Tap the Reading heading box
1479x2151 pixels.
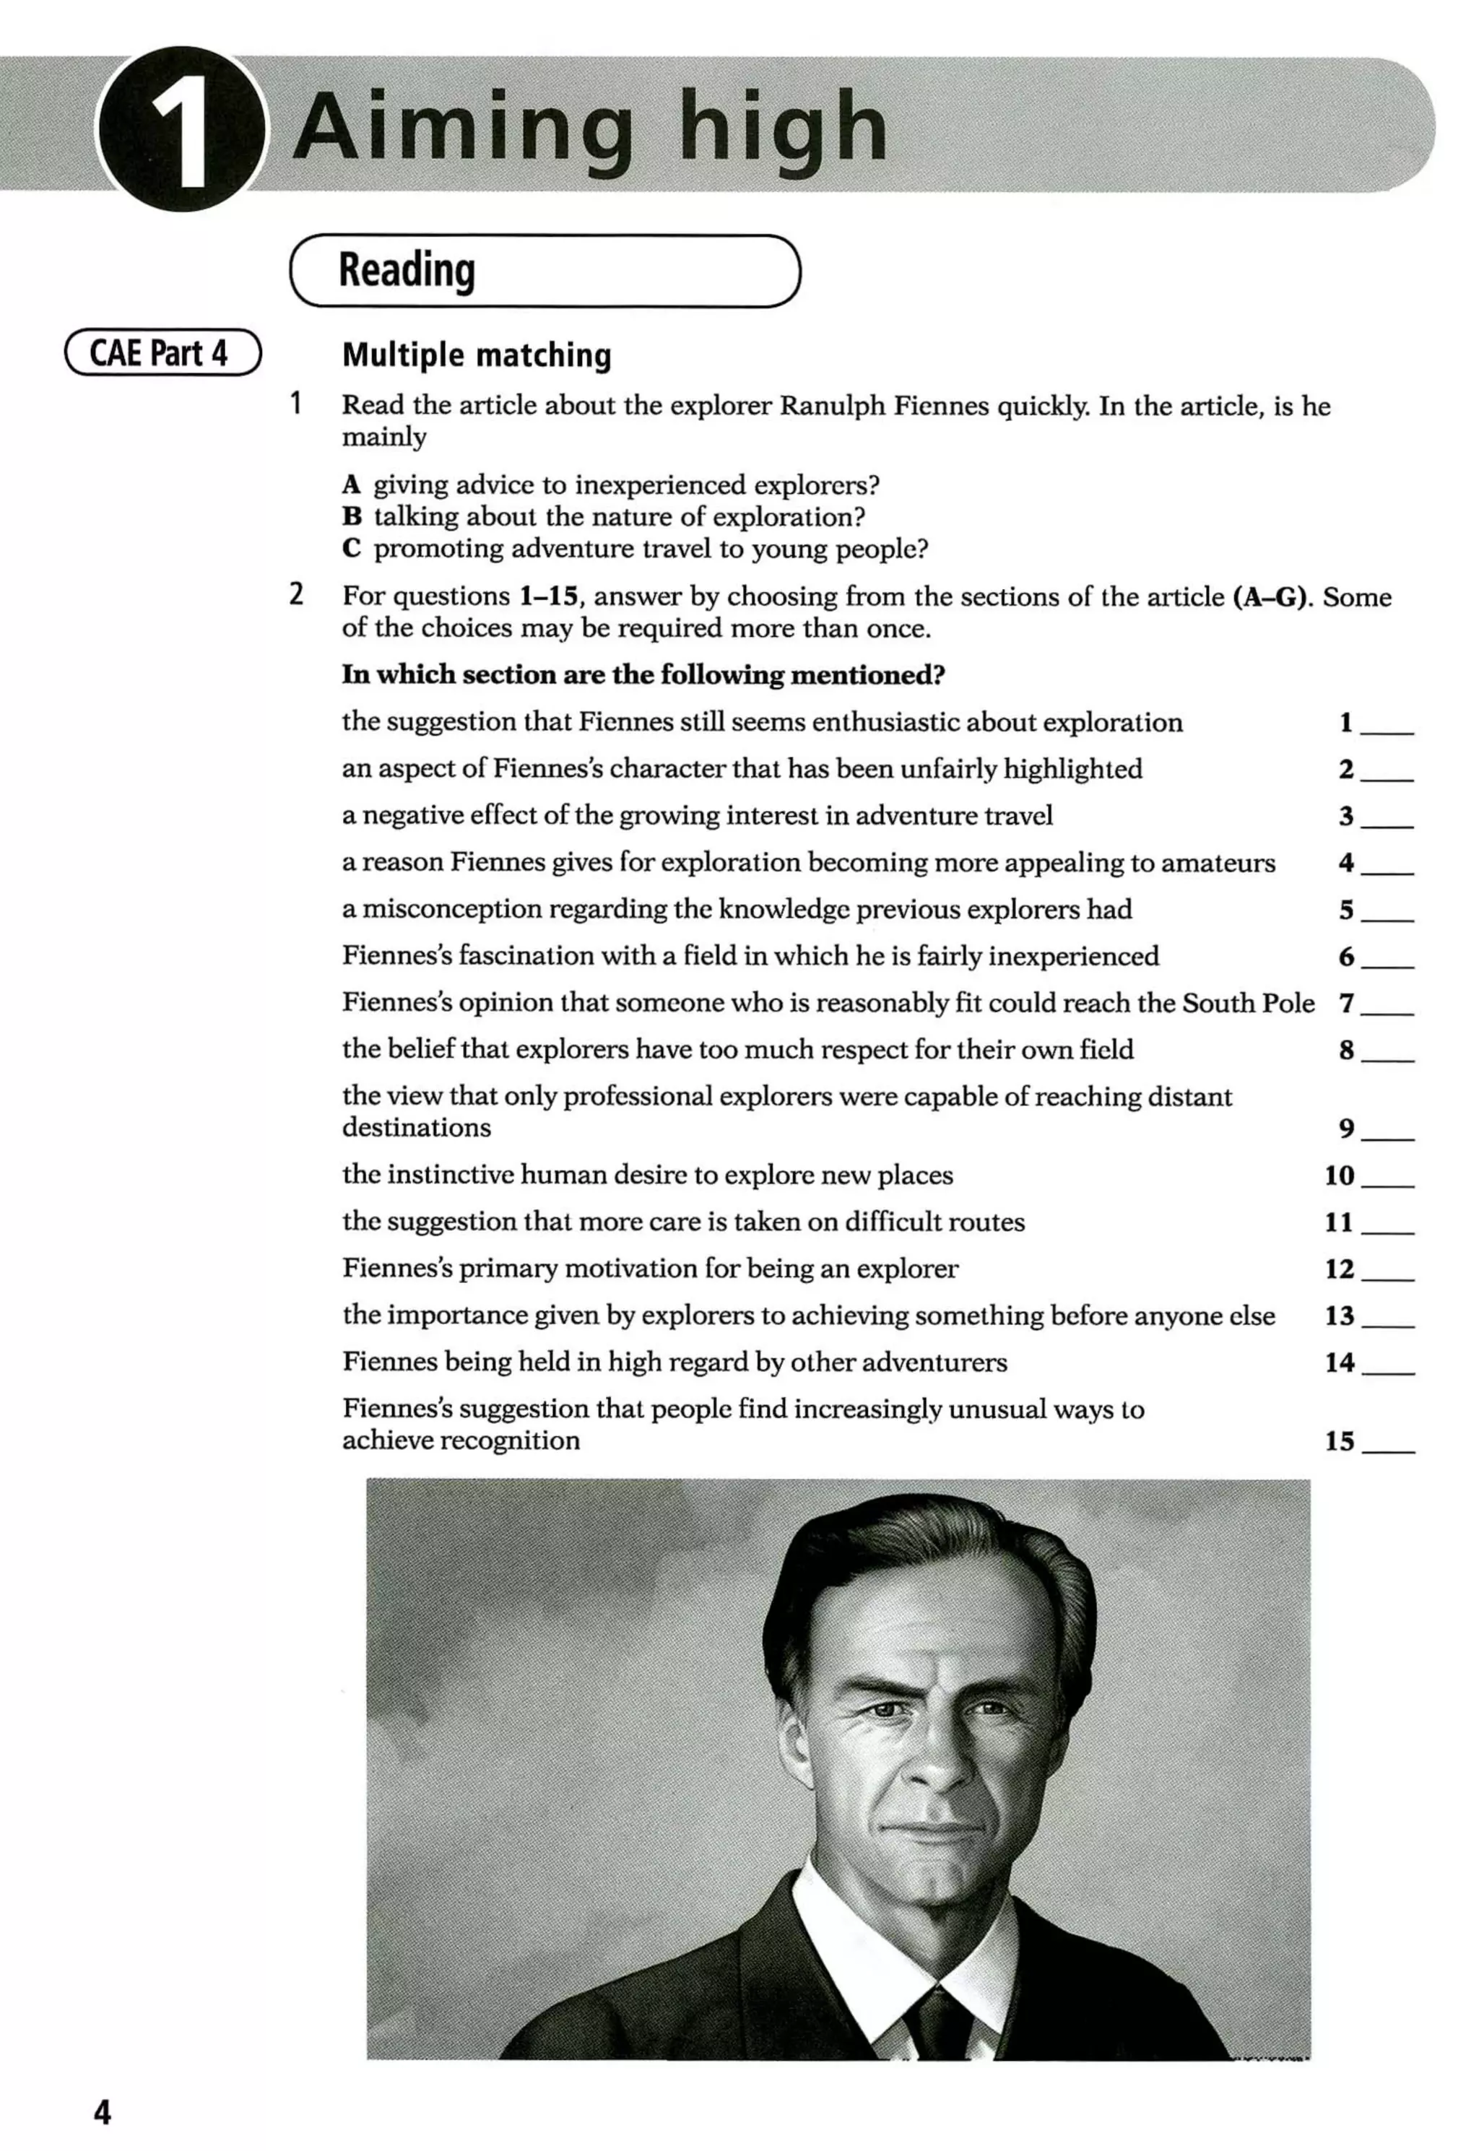545,271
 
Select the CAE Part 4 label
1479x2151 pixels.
162,353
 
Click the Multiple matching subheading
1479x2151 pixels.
477,355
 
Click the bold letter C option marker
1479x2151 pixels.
351,549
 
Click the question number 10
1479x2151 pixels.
1339,1176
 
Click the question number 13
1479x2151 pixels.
1339,1316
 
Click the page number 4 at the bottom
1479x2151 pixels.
102,2112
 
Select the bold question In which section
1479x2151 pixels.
643,674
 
